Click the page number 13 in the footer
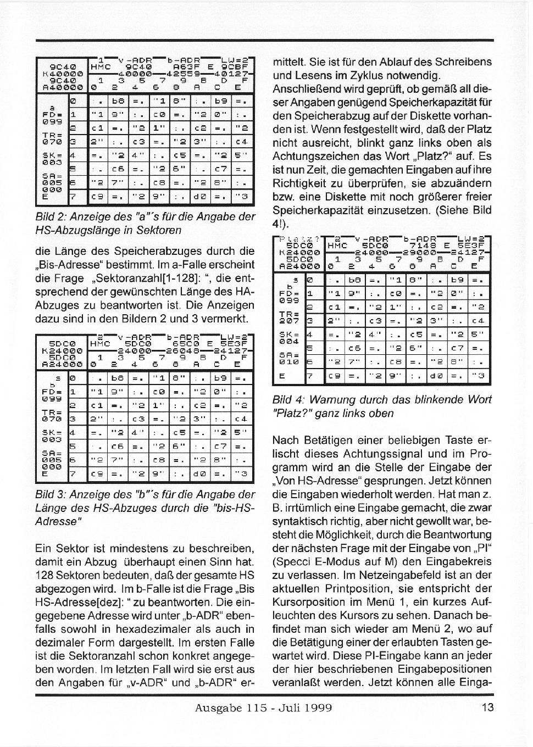pyautogui.click(x=487, y=707)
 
